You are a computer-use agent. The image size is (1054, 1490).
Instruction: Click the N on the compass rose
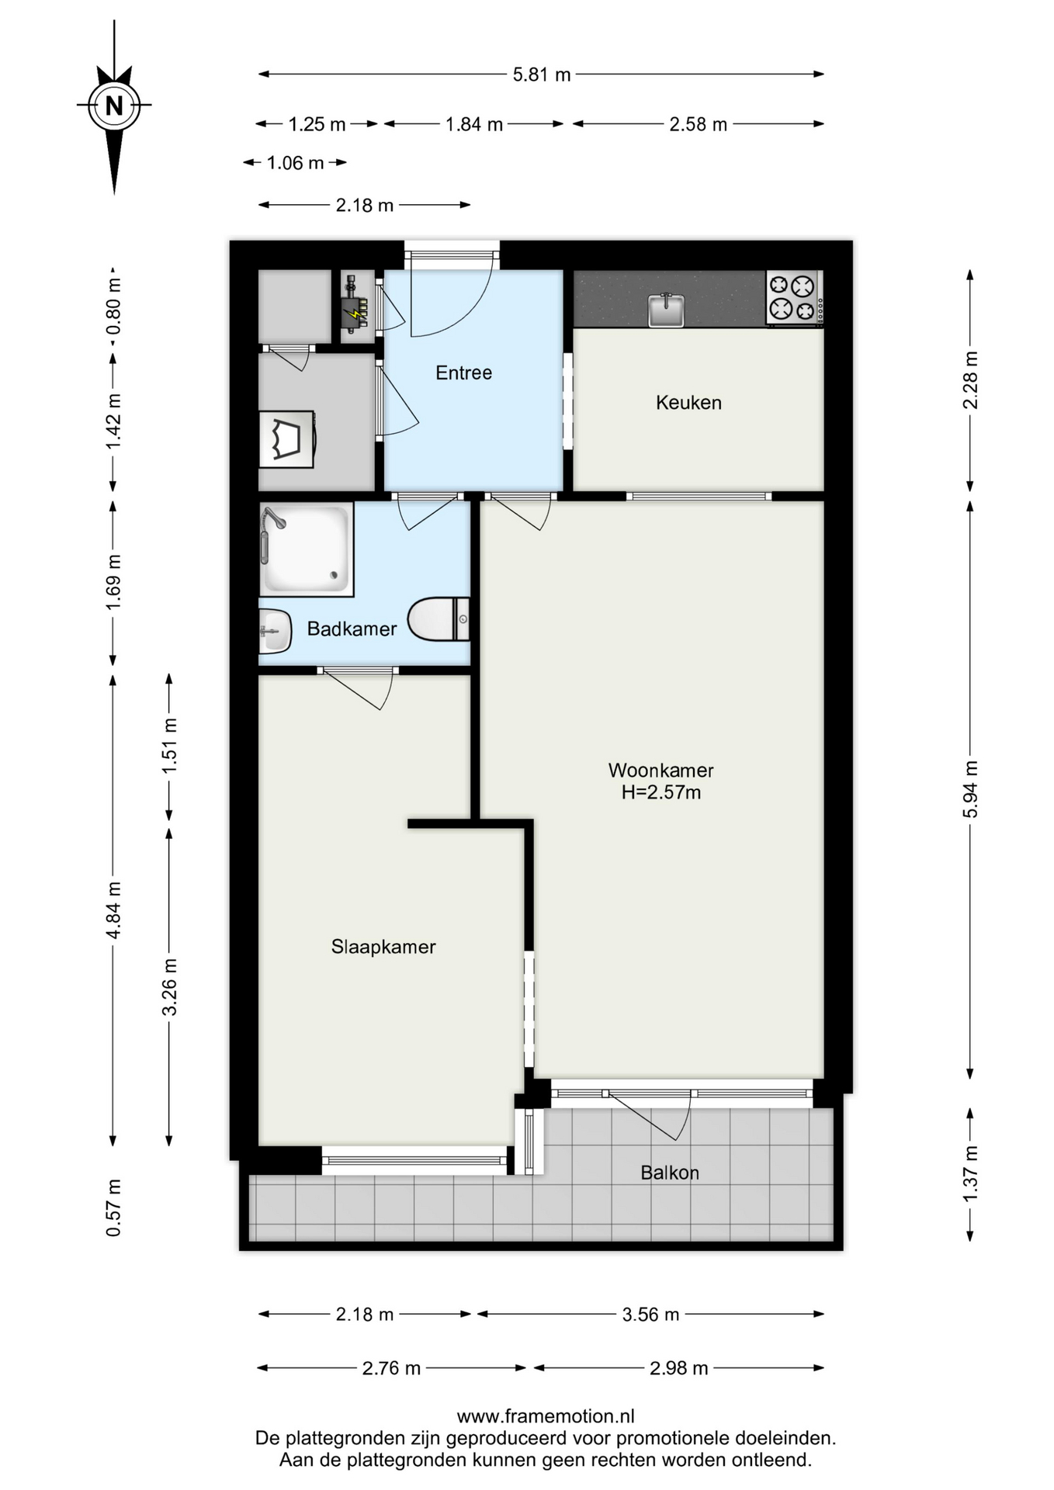click(114, 105)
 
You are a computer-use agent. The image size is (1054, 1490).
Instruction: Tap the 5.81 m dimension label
click(542, 74)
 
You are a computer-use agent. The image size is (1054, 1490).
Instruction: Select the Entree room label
click(464, 372)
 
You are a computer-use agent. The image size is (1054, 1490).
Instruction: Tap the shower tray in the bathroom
click(307, 549)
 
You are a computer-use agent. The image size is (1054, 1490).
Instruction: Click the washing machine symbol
click(286, 439)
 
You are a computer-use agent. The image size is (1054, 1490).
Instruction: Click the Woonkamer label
click(660, 770)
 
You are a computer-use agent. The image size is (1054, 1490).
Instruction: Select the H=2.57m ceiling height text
click(660, 792)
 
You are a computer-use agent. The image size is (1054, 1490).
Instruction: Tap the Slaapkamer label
click(383, 947)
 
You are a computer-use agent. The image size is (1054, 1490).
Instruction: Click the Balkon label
click(670, 1173)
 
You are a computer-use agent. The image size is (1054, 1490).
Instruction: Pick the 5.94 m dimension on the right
click(970, 788)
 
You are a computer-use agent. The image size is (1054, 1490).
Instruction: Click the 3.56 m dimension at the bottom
click(650, 1315)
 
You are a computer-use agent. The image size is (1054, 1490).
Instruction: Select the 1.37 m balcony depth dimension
click(970, 1174)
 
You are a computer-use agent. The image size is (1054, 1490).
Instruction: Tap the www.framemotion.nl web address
click(546, 1416)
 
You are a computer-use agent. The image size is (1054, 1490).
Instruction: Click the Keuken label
click(688, 403)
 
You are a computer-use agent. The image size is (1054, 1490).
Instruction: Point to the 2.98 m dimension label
click(679, 1368)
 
